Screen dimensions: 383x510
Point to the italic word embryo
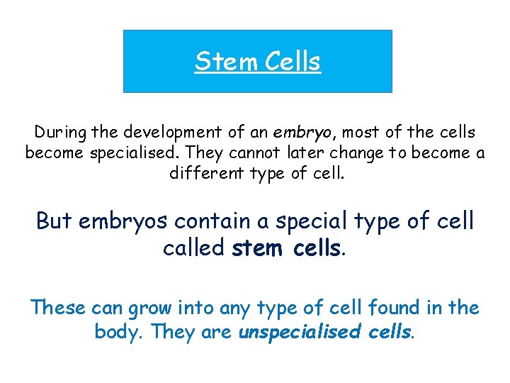click(x=283, y=133)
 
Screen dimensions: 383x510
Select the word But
click(x=55, y=221)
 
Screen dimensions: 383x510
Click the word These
click(x=59, y=308)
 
